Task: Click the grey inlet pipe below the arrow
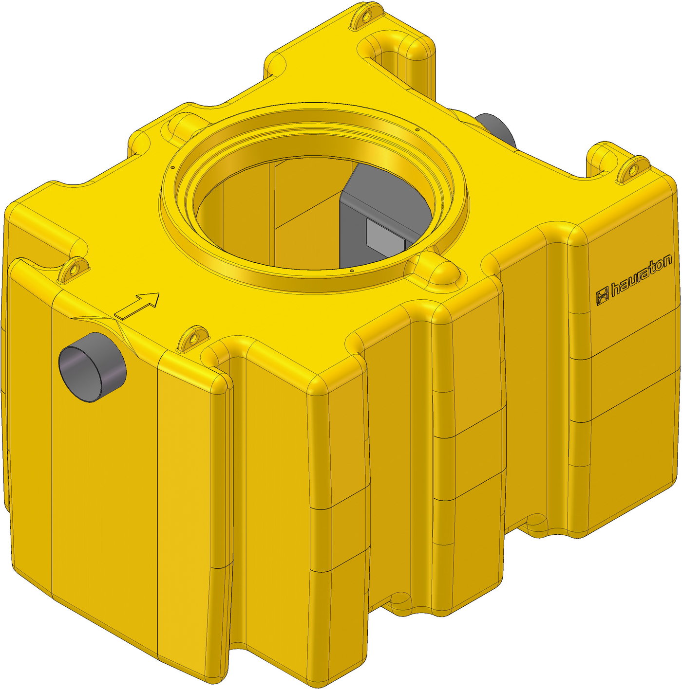[93, 367]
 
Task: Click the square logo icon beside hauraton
[603, 297]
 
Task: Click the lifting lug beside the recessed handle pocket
[364, 16]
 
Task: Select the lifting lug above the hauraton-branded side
[633, 168]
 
